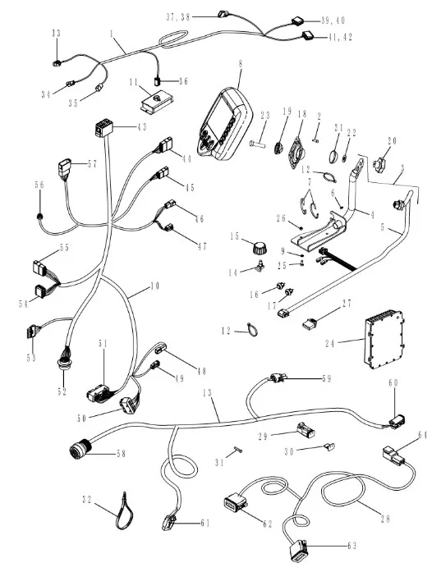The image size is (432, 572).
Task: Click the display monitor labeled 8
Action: [224, 124]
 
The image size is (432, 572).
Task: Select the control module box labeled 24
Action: [384, 339]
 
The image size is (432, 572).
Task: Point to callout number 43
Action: [142, 127]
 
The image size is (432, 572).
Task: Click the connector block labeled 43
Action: [103, 129]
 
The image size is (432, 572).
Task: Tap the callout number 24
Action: [330, 344]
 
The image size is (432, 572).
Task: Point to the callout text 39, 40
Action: [333, 21]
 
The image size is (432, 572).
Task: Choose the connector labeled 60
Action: [398, 421]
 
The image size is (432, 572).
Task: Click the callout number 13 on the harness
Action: [208, 393]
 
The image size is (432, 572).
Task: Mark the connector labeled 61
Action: [169, 522]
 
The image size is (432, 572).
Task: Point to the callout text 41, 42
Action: [340, 37]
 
